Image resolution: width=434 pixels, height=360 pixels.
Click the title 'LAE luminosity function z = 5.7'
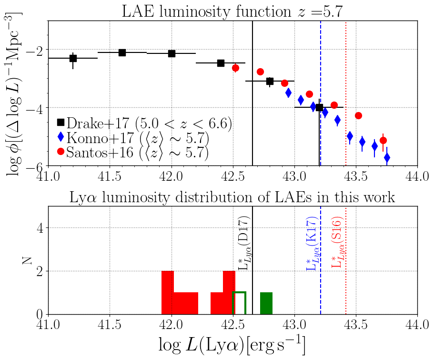232,10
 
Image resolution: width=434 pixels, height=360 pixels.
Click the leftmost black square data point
73,58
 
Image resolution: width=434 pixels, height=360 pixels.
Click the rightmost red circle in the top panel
383,140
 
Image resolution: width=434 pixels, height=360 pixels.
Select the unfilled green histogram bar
239,303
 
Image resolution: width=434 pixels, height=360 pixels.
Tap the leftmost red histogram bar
168,292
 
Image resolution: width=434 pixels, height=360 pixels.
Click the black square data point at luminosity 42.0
172,53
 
